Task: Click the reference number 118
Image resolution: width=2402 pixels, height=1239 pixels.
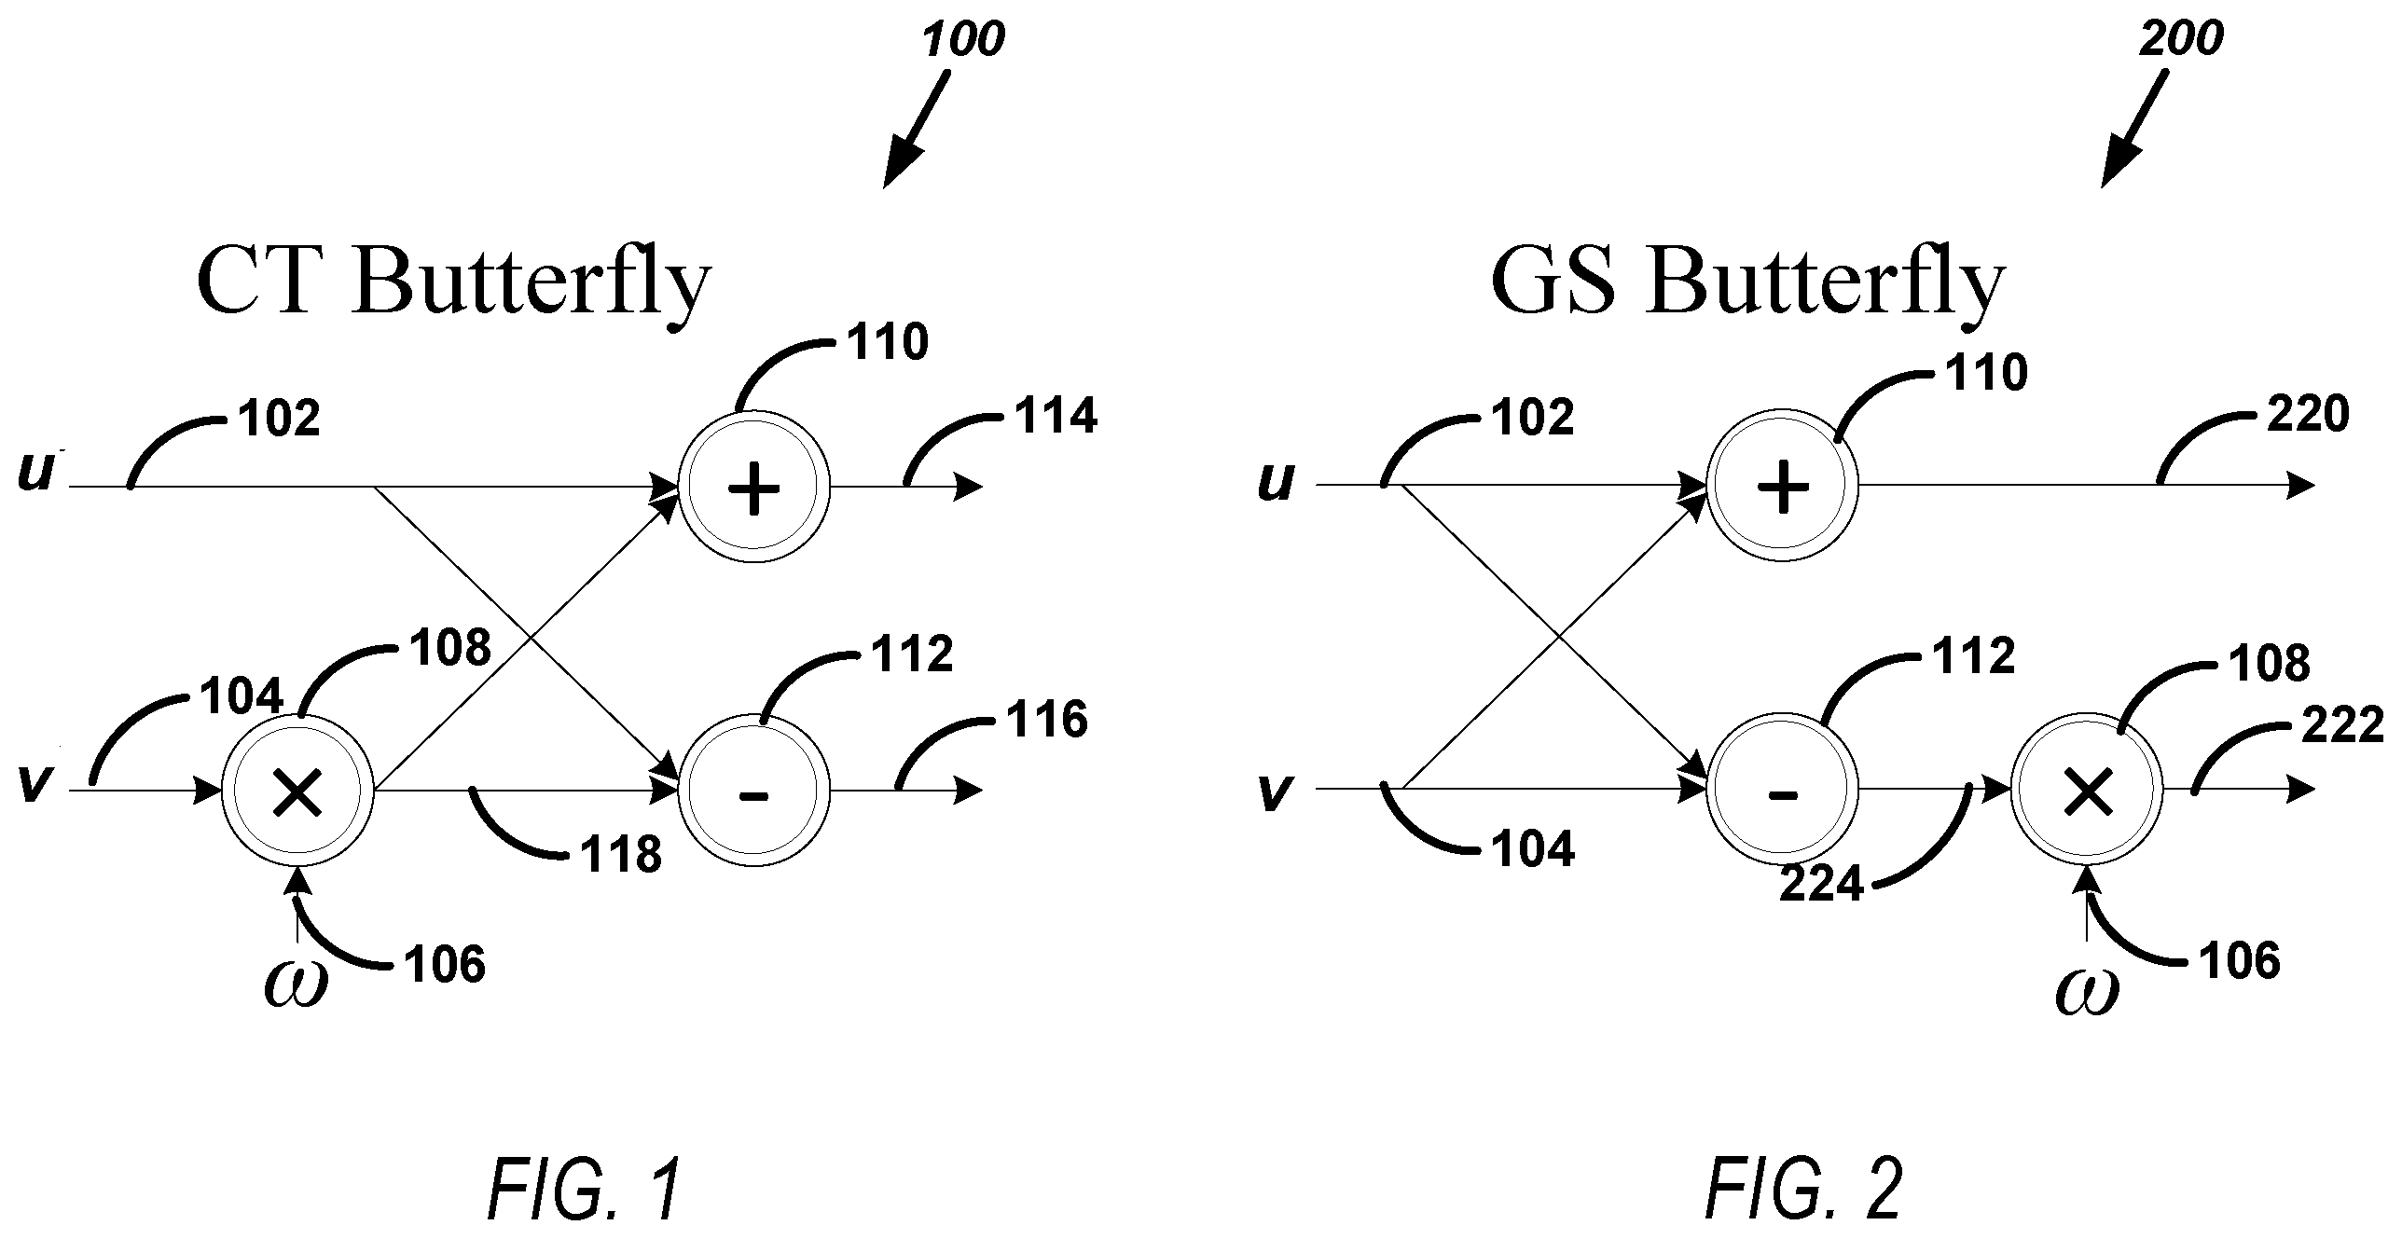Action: (621, 854)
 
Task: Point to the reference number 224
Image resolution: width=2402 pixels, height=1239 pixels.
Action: (1820, 883)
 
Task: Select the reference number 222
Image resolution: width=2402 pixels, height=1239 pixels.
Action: (2341, 724)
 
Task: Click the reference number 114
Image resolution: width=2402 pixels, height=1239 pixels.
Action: (1056, 416)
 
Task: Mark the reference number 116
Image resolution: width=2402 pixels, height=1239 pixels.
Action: (1046, 720)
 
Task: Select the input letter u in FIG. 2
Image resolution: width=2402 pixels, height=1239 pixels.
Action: (1276, 483)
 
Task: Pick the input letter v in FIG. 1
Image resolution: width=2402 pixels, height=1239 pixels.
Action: (34, 785)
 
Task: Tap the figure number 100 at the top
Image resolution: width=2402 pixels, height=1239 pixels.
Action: (964, 40)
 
